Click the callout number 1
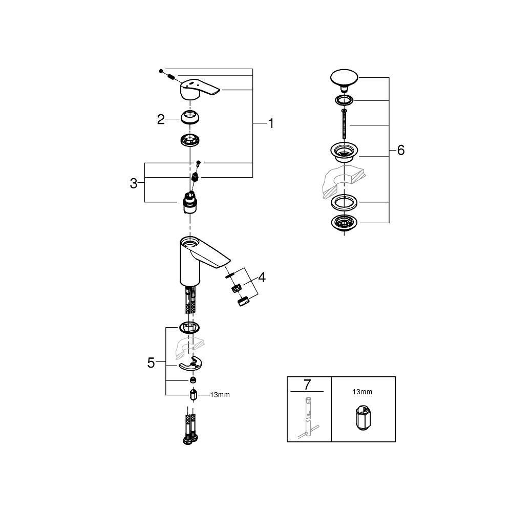(271, 123)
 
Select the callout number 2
(161, 119)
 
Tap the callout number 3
(134, 183)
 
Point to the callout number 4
(262, 278)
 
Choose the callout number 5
(151, 363)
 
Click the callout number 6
(401, 150)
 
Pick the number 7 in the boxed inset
(307, 385)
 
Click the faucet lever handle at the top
(200, 88)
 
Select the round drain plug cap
(344, 80)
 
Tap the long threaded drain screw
(344, 124)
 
